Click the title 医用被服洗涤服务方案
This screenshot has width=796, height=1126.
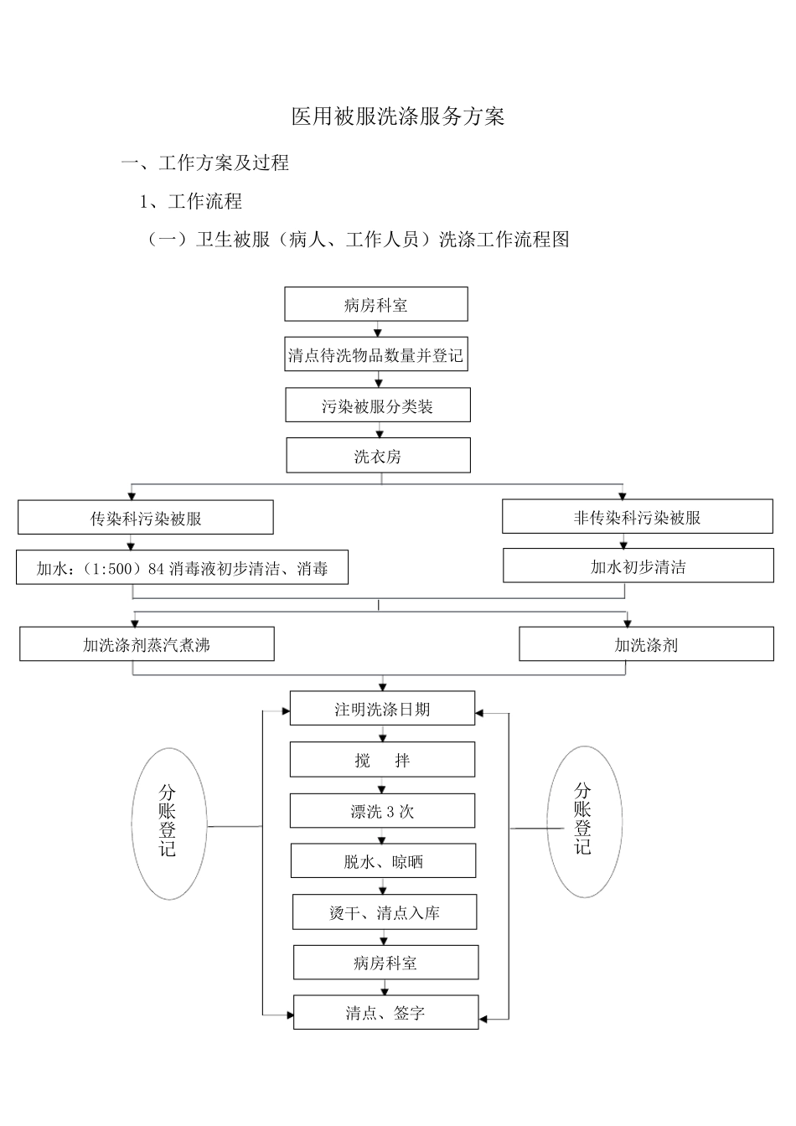398,116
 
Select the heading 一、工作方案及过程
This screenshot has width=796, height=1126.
205,163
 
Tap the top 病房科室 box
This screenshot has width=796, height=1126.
376,305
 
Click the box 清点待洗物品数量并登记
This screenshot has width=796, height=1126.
375,355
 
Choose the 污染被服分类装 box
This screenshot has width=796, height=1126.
378,406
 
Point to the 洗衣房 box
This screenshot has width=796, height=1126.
378,457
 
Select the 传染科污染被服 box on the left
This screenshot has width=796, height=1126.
146,519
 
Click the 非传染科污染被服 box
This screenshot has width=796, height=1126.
638,518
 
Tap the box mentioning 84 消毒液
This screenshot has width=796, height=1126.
183,569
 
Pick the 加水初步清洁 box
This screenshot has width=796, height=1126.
638,567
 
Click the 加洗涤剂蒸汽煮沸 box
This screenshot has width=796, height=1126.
147,645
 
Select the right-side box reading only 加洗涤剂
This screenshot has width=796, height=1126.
646,645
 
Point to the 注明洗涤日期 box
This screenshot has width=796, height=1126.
382,710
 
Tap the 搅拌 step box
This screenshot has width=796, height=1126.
382,761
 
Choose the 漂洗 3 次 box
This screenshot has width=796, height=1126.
382,812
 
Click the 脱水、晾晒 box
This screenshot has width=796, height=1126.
383,862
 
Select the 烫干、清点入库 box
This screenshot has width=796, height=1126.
385,913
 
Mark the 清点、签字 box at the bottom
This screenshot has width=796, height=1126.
385,1014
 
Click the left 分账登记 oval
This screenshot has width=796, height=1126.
168,824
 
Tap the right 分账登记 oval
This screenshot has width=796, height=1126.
584,823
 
